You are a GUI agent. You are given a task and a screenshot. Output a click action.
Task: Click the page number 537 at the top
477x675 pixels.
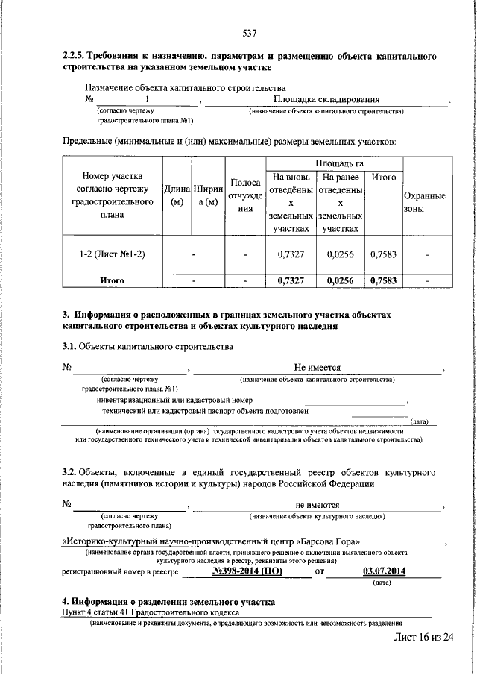point(250,33)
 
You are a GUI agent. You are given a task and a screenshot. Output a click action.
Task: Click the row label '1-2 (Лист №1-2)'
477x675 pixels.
point(112,254)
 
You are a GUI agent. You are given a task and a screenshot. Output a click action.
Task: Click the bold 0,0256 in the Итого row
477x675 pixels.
point(340,280)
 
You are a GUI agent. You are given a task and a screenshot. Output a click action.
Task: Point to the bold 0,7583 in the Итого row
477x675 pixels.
point(383,280)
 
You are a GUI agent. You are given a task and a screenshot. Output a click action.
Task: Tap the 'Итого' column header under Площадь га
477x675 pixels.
point(383,178)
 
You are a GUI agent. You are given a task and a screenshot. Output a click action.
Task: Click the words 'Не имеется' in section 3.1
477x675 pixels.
point(318,368)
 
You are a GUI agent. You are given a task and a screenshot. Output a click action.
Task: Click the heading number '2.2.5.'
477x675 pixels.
point(74,57)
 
